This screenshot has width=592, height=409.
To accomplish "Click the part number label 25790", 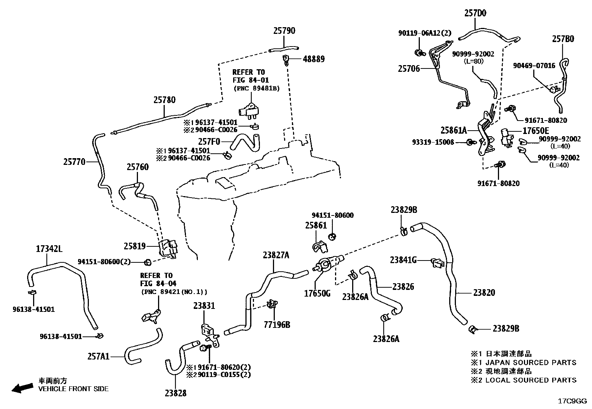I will (x=284, y=31).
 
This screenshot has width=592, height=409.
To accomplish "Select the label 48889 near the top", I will (x=313, y=59).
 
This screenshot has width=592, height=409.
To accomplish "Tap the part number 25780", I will (x=164, y=100).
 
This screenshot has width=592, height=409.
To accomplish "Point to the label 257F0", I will (x=209, y=141).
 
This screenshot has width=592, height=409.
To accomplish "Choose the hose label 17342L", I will (x=49, y=249).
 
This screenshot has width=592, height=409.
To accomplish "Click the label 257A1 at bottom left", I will (x=99, y=356).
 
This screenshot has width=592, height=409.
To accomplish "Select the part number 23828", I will (x=175, y=393).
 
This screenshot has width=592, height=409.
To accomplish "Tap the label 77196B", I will (x=277, y=325).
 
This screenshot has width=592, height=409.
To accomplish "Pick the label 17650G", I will (x=317, y=293).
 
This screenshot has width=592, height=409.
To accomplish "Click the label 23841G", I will (x=403, y=260).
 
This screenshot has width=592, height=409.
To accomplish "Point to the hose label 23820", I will (x=484, y=293).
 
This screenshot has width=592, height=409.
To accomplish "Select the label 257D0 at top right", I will (x=475, y=13).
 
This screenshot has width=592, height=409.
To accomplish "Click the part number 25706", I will (x=409, y=68).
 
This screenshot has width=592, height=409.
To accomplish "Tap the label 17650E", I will (x=535, y=131).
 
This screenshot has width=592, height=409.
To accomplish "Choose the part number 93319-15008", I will (x=433, y=142).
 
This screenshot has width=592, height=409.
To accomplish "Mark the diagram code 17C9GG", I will (x=572, y=402).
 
